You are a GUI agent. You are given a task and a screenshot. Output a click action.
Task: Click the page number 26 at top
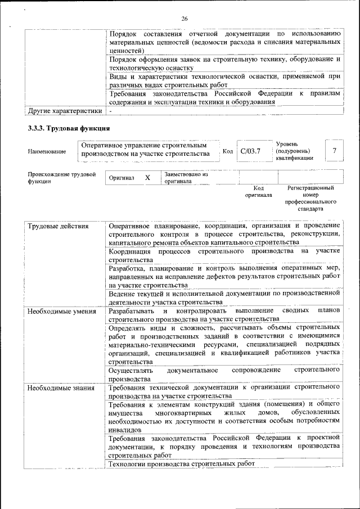point(184,19)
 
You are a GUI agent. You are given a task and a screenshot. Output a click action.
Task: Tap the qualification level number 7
point(335,151)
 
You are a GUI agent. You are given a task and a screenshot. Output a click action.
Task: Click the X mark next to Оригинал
point(147,178)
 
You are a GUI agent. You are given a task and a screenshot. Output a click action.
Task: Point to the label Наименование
point(46,151)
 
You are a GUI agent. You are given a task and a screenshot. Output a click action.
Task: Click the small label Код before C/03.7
point(227,151)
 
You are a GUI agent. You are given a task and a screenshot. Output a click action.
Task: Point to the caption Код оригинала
point(258,192)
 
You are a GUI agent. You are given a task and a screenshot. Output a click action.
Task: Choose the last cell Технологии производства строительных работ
point(182,463)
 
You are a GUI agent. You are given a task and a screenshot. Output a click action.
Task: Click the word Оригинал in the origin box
point(121,178)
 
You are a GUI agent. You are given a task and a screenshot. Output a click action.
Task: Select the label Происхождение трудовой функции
point(62,178)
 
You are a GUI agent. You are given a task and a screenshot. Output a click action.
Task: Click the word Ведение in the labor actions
point(121,294)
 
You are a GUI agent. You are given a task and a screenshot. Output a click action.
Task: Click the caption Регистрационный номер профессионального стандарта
point(310,198)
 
